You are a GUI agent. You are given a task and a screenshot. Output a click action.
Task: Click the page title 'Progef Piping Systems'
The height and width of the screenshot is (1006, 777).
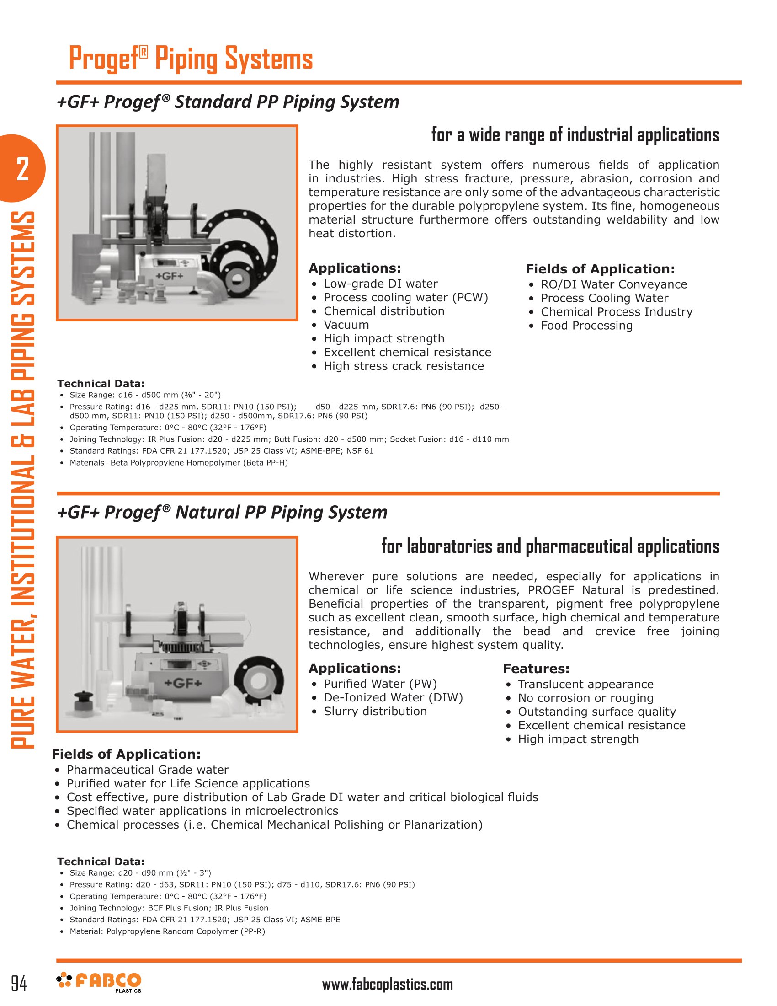191,59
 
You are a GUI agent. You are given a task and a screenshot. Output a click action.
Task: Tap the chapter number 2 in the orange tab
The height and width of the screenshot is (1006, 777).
22,169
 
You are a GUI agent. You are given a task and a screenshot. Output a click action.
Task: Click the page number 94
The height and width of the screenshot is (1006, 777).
19,984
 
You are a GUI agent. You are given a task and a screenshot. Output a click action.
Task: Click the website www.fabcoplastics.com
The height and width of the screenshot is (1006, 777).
387,985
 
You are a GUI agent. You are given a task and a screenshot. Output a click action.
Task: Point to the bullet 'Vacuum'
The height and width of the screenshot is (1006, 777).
346,325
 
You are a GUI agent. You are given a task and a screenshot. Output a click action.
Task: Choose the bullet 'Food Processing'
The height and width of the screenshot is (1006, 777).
586,326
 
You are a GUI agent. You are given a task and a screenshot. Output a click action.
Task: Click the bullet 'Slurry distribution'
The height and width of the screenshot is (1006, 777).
375,711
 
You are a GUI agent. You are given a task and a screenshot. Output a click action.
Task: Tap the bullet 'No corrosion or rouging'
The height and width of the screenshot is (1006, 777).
585,698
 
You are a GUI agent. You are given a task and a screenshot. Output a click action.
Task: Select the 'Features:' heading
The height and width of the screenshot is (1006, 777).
536,669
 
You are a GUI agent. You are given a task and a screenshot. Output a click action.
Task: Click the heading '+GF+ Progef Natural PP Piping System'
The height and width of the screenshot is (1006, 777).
222,512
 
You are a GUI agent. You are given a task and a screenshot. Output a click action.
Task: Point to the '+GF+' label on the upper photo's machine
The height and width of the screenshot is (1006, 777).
170,276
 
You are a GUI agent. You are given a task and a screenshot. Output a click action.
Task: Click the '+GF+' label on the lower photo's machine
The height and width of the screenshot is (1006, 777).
183,683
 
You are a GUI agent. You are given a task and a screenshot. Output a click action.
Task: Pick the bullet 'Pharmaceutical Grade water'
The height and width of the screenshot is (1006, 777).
147,770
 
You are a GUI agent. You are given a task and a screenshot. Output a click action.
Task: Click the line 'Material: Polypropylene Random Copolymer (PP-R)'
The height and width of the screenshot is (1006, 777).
167,931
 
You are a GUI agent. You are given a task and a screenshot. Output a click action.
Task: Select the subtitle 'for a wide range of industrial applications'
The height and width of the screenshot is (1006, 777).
575,135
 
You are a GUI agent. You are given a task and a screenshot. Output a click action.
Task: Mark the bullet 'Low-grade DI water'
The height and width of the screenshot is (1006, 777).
381,284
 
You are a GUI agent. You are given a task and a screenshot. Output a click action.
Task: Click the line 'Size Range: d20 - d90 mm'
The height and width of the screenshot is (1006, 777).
140,873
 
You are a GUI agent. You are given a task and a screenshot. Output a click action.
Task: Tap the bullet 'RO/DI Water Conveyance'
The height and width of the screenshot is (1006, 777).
613,285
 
